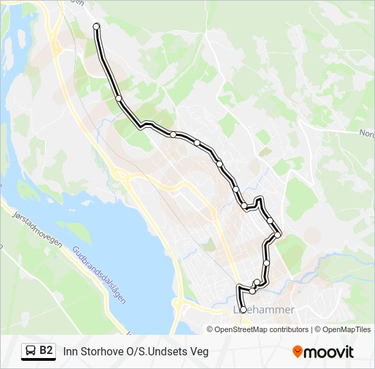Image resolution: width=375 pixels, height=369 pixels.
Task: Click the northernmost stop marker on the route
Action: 96,27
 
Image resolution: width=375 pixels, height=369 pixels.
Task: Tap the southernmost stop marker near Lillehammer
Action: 243,310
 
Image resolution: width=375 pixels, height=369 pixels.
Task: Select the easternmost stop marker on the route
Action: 278,235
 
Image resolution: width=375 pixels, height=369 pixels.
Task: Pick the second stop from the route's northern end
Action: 119,98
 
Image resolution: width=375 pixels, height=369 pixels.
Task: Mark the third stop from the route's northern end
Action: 173,135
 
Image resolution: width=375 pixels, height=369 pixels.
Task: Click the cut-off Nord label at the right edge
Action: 366,134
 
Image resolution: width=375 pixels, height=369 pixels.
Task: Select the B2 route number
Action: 46,351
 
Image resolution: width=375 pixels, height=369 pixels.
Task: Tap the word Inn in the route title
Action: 70,351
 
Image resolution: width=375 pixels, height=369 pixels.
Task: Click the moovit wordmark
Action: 329,352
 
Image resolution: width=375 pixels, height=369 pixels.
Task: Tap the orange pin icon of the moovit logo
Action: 297,352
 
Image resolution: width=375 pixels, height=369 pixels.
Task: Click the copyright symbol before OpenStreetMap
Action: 211,329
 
